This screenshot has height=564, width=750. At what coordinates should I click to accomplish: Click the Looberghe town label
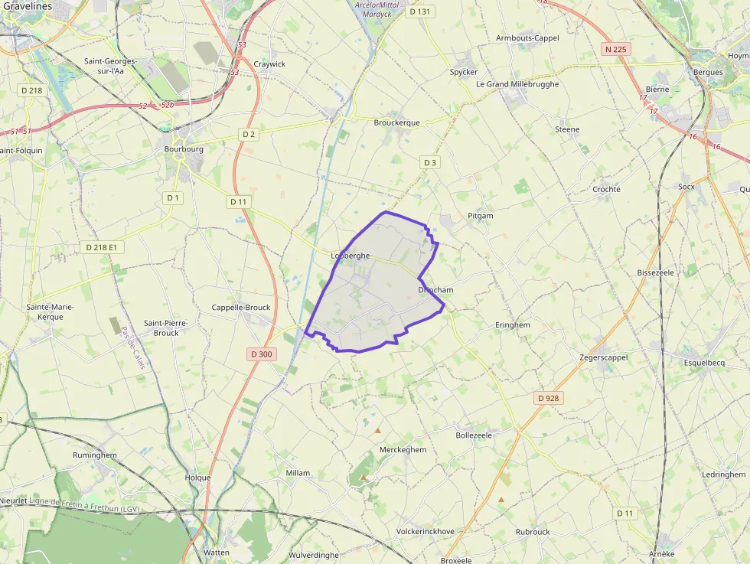tap(350, 256)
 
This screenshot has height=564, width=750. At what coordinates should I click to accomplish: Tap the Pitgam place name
tap(481, 216)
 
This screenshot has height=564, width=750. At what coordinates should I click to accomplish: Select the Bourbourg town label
tap(184, 149)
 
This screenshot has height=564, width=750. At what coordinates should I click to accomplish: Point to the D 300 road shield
tap(262, 354)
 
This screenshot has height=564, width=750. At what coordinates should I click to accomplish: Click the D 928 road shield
tap(549, 398)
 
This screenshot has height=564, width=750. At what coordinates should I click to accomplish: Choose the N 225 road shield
tap(615, 50)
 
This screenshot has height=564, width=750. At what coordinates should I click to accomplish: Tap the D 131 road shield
tap(420, 11)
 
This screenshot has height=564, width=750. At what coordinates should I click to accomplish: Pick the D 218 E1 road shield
tap(101, 247)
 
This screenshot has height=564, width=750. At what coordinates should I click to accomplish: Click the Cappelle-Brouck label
tap(241, 308)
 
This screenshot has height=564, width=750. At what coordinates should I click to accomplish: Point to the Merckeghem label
tap(403, 450)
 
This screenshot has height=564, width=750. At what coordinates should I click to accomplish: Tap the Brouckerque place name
tap(396, 122)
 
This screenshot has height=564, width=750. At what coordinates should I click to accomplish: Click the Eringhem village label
tap(512, 325)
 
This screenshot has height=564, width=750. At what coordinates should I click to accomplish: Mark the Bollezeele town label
tap(474, 435)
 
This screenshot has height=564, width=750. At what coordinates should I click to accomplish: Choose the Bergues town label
tap(708, 73)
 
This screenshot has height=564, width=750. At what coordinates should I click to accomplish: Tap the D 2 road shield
tap(249, 134)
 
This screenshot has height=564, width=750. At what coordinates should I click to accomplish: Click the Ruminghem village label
tap(95, 455)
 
